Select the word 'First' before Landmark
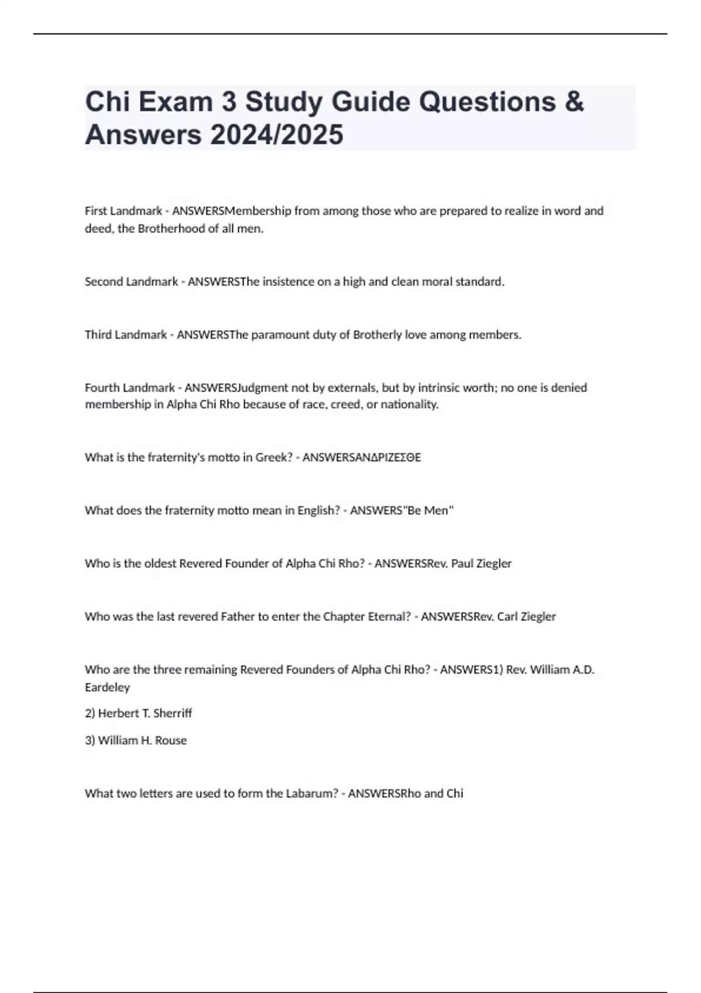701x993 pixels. pyautogui.click(x=96, y=211)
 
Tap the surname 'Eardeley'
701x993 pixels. pyautogui.click(x=107, y=688)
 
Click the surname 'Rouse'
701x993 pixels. pyautogui.click(x=171, y=741)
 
